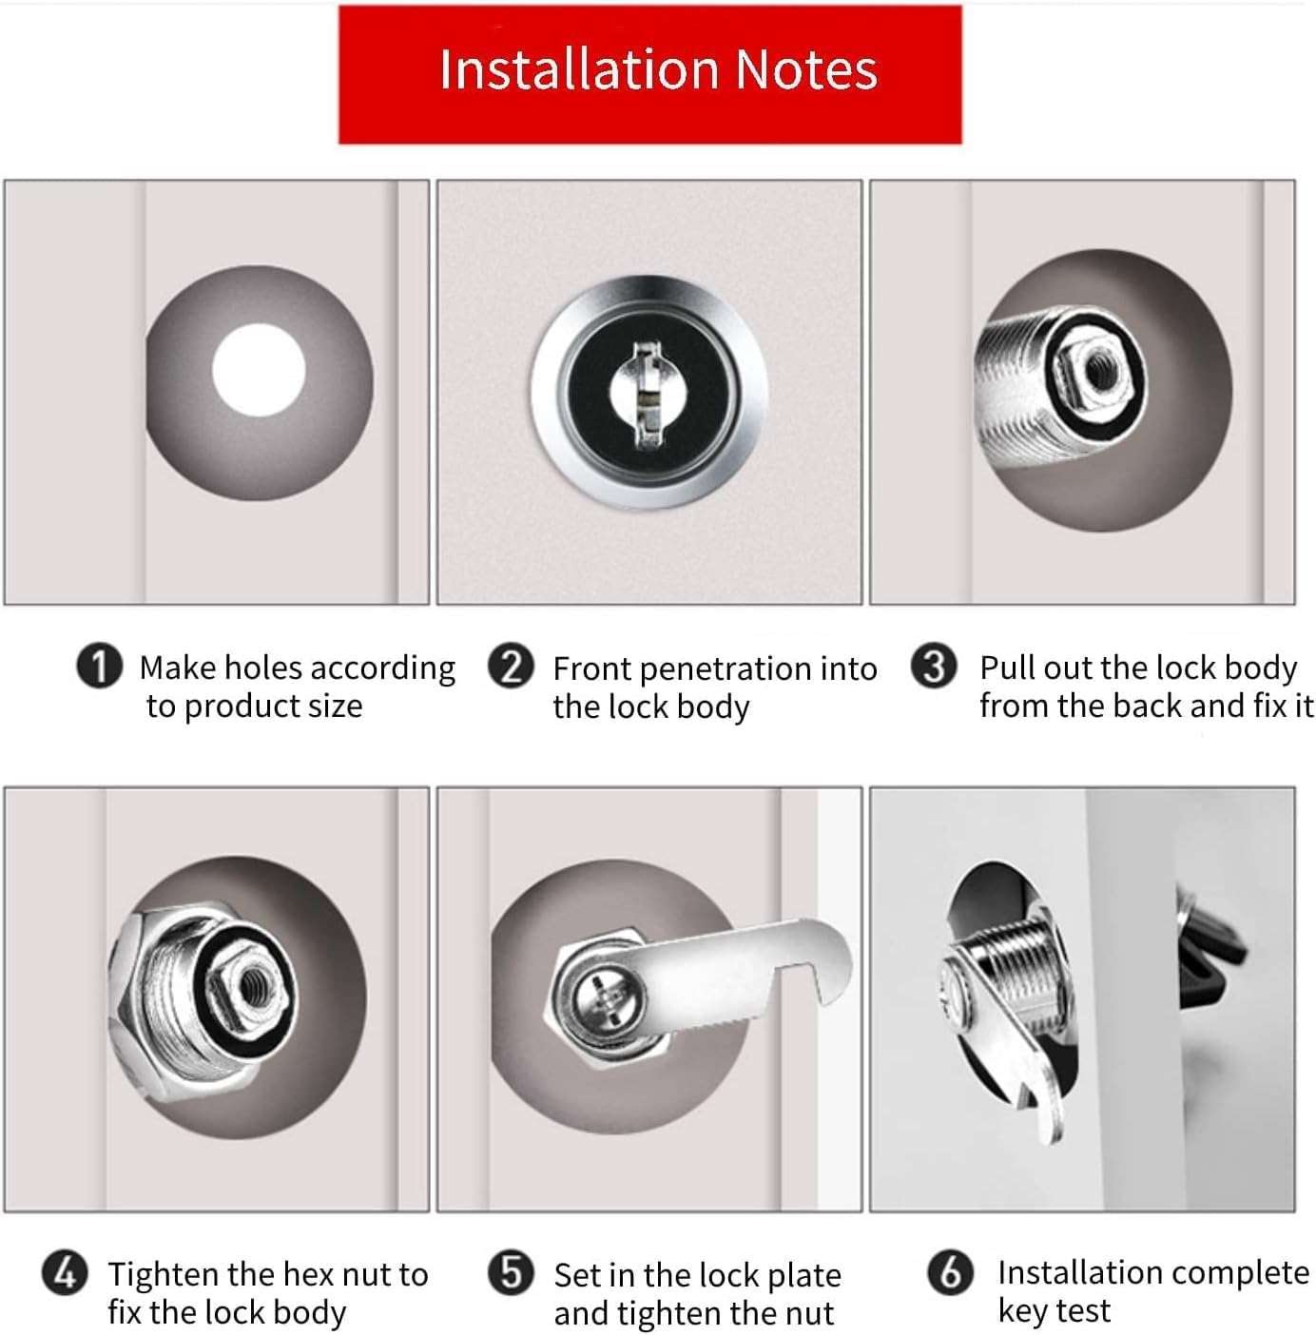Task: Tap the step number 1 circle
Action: coord(99,667)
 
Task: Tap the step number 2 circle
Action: coord(511,667)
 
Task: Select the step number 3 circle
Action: coord(934,667)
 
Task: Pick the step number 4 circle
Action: coord(65,1272)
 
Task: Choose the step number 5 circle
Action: coord(511,1272)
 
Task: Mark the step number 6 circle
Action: coord(950,1272)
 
